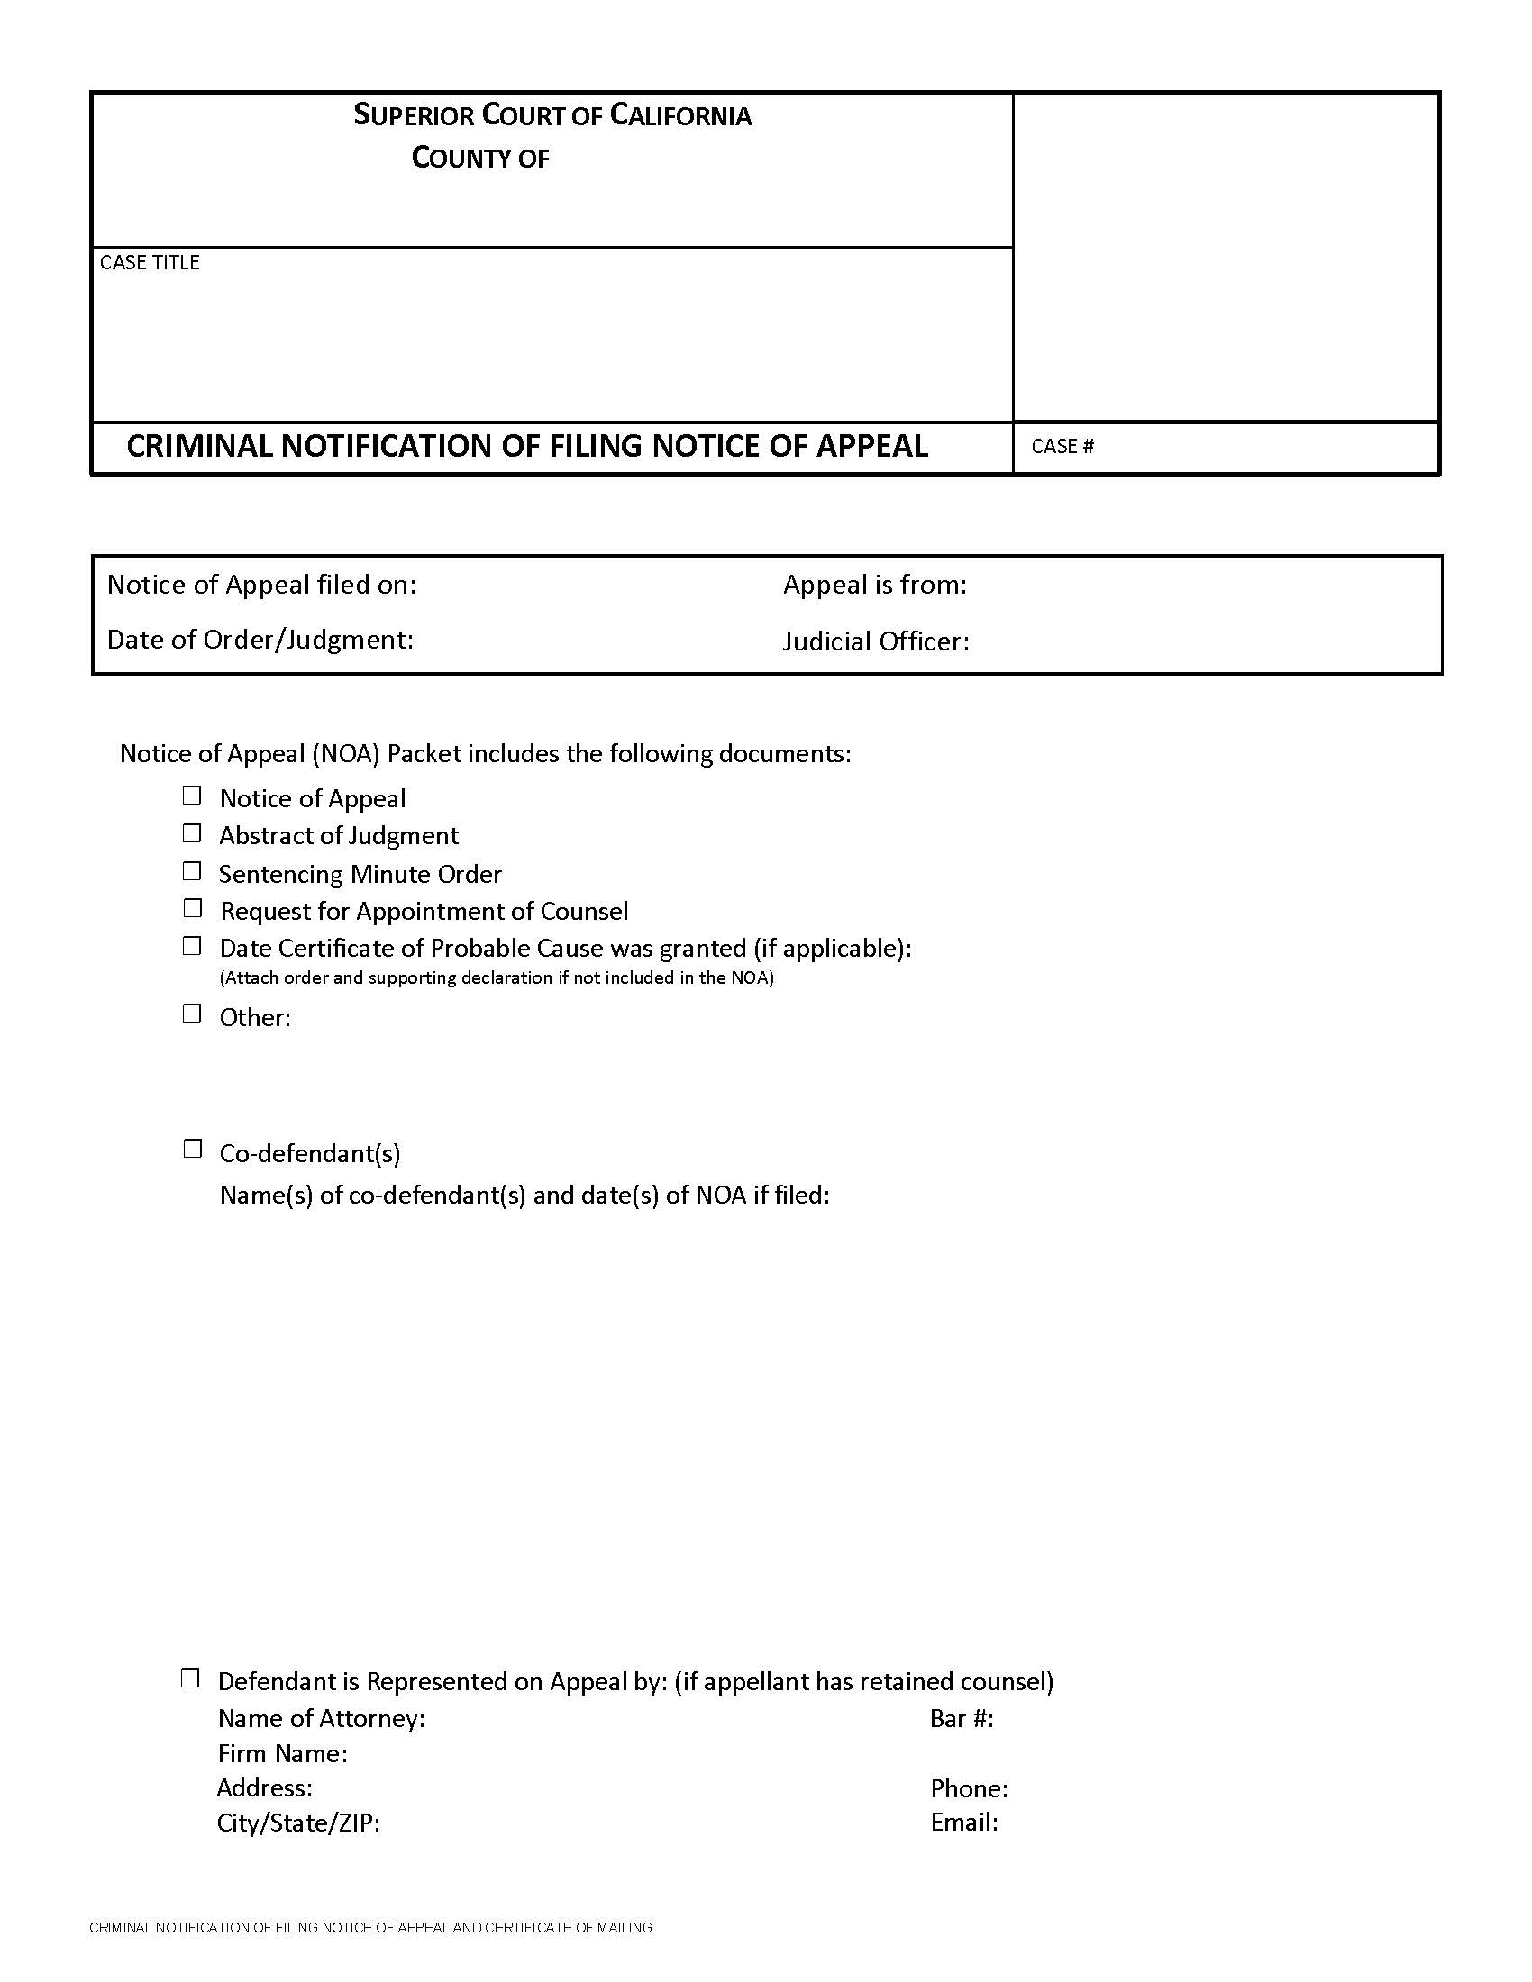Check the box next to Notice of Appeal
[x=191, y=796]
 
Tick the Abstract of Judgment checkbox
[x=191, y=833]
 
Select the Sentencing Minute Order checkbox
[x=191, y=871]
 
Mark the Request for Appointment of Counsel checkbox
[x=191, y=908]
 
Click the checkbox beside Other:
[x=191, y=1014]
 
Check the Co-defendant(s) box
[x=191, y=1149]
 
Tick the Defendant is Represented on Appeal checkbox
[x=189, y=1678]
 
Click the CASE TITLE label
[x=150, y=262]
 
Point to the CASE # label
[x=1062, y=447]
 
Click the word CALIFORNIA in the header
[x=679, y=115]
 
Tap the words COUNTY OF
[x=480, y=158]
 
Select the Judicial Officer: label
[x=876, y=641]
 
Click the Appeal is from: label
[x=875, y=585]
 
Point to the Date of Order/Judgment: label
[x=260, y=640]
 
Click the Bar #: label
[x=962, y=1718]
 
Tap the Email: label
[x=964, y=1822]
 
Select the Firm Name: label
[x=282, y=1752]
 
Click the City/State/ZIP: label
[x=297, y=1823]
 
